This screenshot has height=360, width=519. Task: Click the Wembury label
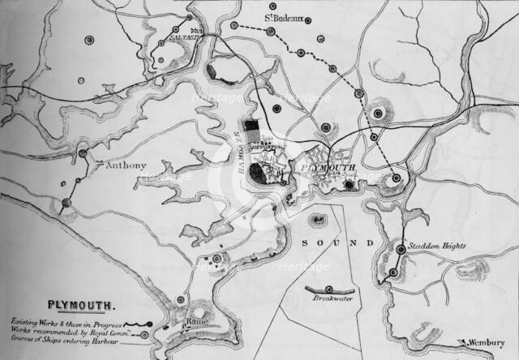tap(487, 342)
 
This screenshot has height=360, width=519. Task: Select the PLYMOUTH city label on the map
tap(328, 167)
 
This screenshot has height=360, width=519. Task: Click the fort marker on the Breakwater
tap(328, 289)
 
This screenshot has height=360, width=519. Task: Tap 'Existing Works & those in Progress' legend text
tap(66, 323)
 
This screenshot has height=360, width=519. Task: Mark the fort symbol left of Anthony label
tap(83, 152)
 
